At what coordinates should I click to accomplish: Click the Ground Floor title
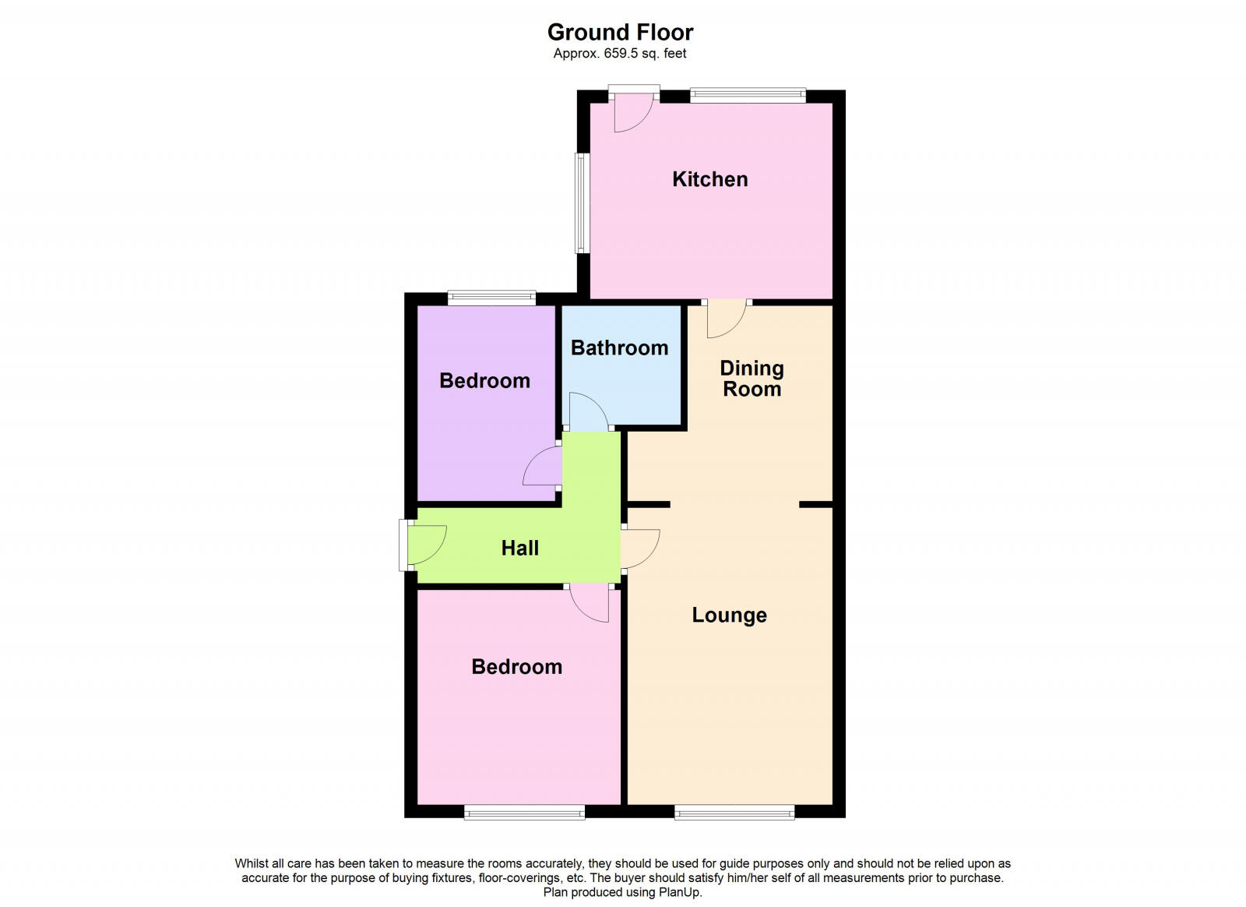point(620,32)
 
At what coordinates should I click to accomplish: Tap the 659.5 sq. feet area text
point(637,54)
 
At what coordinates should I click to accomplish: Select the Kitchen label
point(709,179)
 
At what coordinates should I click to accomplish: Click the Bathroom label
point(619,348)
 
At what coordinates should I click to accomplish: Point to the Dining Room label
point(751,378)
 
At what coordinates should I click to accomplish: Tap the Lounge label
point(729,616)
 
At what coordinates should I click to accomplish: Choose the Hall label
point(519,548)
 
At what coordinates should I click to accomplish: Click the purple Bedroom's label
point(484,380)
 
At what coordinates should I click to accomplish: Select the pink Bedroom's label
point(516,666)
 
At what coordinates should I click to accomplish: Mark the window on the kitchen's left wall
point(581,203)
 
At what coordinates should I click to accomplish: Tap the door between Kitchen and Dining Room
point(726,319)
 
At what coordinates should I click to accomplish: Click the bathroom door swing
point(588,412)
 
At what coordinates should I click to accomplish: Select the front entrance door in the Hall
point(425,545)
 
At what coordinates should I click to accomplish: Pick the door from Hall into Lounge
point(639,549)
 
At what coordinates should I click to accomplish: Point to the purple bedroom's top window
point(491,297)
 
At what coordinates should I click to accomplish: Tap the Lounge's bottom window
point(734,813)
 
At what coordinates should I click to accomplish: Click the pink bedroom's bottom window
point(524,813)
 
